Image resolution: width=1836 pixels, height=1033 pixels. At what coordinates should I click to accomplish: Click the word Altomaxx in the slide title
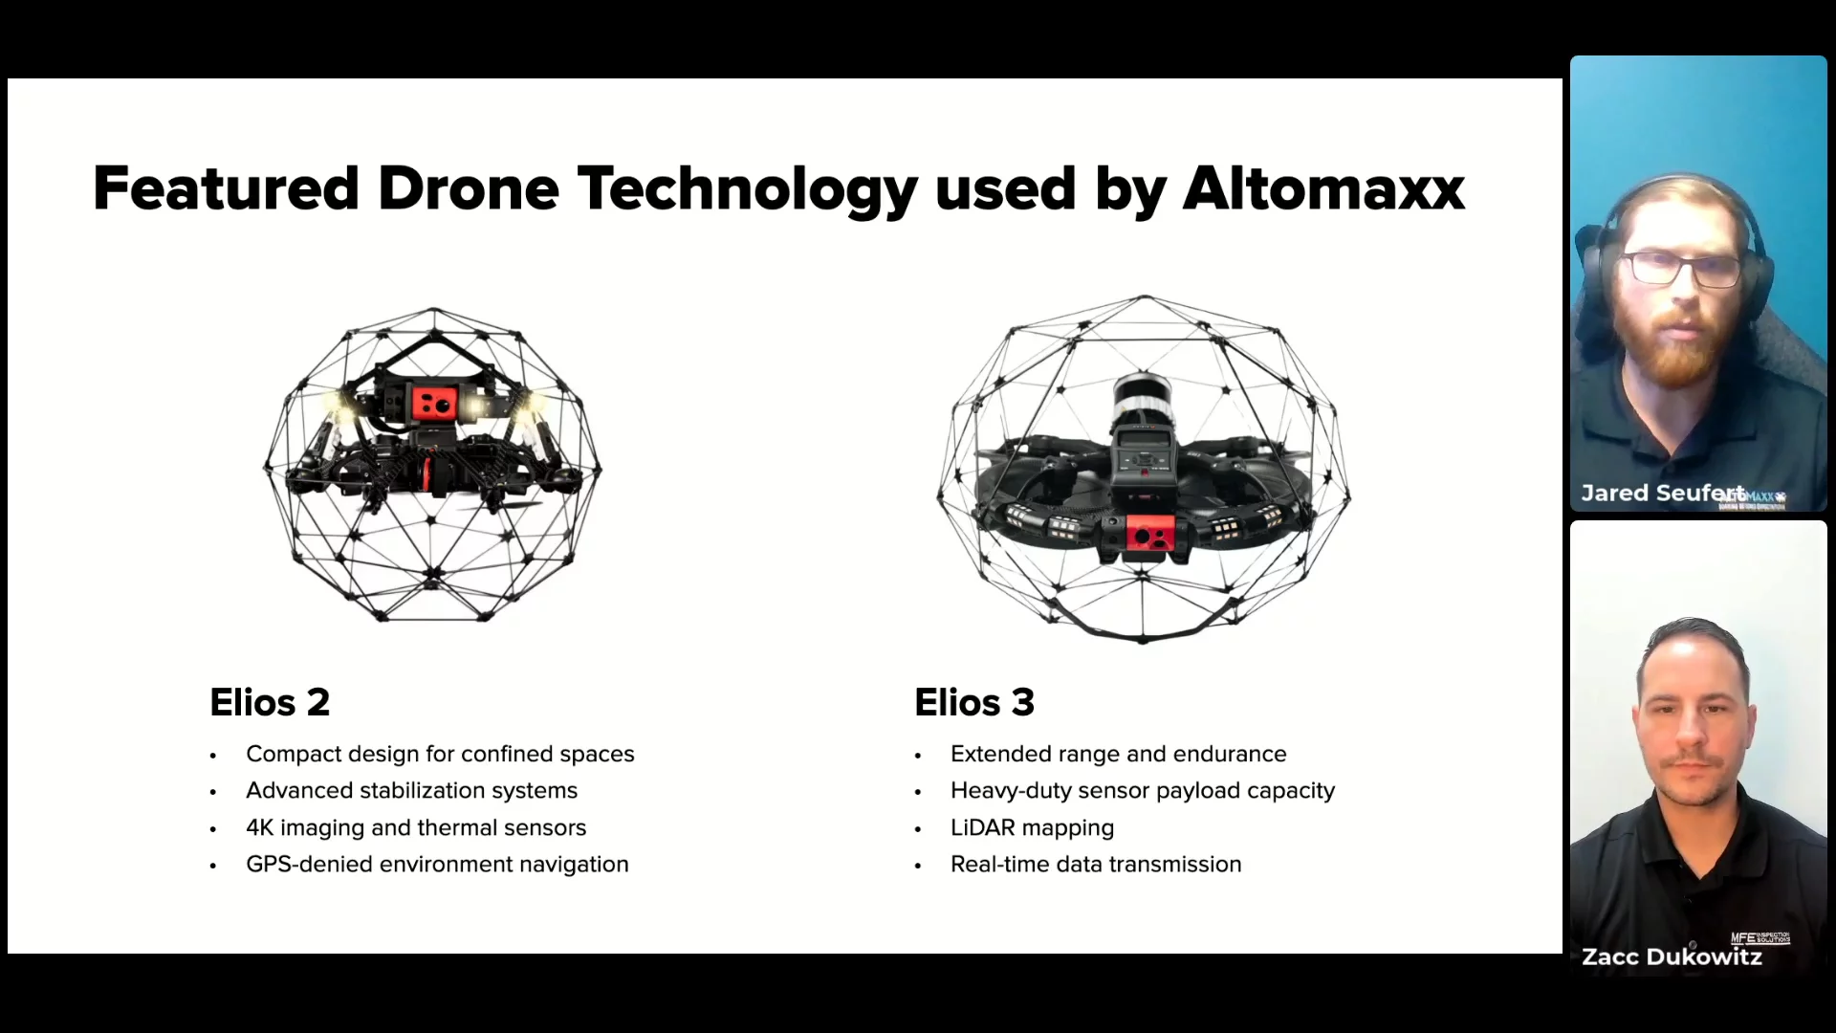pos(1324,188)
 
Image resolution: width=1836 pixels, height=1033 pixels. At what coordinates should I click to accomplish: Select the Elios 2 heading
pos(270,702)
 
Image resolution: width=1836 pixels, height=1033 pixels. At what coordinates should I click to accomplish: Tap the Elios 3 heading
pos(974,702)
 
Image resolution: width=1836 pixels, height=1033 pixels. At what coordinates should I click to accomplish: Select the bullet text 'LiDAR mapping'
pos(1033,827)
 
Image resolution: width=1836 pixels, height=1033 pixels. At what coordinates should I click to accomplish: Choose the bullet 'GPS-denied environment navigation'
pos(437,865)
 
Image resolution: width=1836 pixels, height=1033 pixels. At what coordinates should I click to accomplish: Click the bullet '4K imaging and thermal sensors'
pos(416,827)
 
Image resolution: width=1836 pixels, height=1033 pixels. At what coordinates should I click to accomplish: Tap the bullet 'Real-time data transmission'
pos(1096,865)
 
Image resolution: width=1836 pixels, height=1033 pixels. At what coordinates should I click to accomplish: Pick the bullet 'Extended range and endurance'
pos(1119,754)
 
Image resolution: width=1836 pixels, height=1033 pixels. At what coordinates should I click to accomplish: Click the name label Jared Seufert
pos(1663,493)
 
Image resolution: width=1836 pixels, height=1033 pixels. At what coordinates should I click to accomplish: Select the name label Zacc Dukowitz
pos(1672,956)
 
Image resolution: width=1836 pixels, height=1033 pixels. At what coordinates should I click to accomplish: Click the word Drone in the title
pos(469,188)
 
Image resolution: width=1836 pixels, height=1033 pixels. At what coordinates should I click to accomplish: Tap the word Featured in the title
pos(226,188)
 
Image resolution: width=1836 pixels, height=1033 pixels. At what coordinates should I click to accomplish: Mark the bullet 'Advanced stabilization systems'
pos(412,791)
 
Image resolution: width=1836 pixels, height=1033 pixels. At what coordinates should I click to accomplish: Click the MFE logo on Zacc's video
pos(1759,937)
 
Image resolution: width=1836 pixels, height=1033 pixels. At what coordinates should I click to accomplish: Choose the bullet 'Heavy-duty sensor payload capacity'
pos(1143,791)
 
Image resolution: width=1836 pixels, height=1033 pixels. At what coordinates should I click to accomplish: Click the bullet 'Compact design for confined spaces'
pos(440,754)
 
